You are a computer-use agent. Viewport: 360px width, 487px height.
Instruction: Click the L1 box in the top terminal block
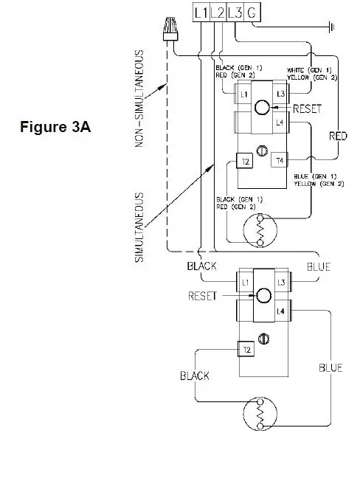tap(201, 13)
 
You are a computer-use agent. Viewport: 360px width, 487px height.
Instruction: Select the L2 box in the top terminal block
tap(218, 13)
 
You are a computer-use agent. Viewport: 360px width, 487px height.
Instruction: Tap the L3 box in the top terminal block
tap(235, 13)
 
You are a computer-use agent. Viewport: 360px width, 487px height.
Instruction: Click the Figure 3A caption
tap(56, 126)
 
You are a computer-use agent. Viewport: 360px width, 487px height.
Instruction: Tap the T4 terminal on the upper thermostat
tap(280, 160)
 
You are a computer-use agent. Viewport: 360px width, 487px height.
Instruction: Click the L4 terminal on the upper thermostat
tap(279, 122)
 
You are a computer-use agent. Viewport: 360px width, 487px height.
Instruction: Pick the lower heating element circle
tap(260, 414)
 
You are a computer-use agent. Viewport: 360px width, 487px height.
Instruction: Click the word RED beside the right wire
tap(338, 136)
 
